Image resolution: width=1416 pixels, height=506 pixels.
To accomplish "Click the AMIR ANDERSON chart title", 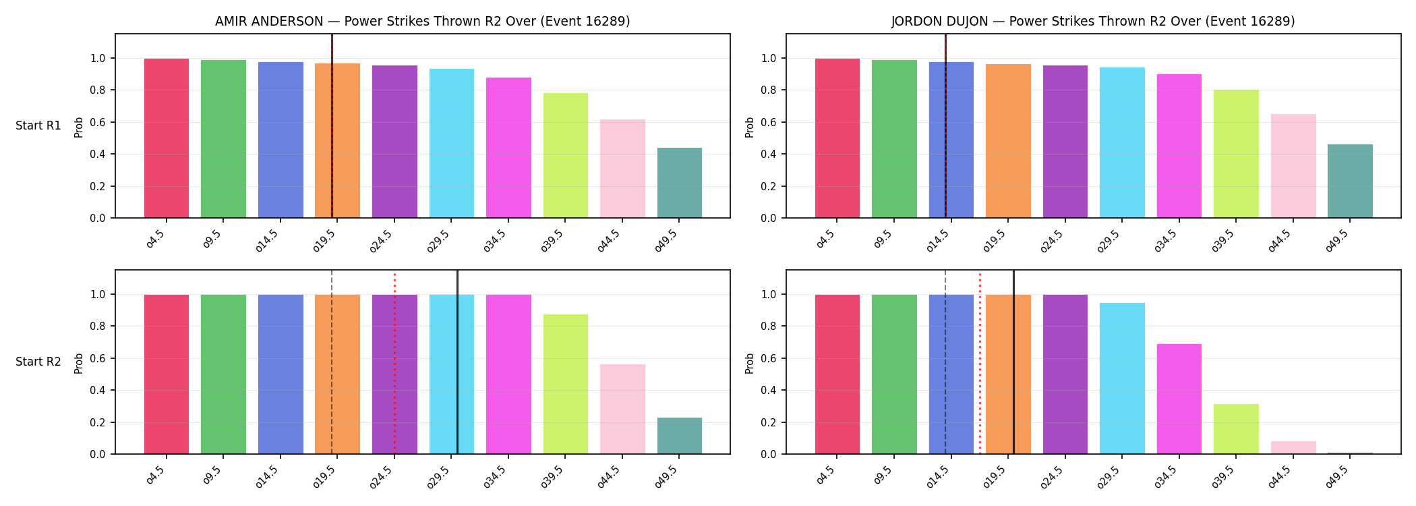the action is point(423,22).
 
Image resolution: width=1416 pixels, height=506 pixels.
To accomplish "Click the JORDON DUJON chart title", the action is point(1093,22).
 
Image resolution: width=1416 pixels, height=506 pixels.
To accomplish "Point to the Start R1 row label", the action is point(38,125).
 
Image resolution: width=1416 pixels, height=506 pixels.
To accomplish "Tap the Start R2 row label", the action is point(38,362).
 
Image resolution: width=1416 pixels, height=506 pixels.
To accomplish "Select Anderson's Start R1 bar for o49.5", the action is point(680,183).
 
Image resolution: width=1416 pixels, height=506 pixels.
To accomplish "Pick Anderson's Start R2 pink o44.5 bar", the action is point(622,410).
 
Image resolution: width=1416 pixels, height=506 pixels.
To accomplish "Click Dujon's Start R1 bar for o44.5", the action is point(1293,166).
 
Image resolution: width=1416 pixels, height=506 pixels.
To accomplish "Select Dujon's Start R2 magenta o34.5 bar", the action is point(1179,399).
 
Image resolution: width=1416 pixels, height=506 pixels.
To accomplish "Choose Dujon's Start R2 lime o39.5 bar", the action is point(1236,429).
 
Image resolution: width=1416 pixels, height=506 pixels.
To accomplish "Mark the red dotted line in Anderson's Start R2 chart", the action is point(394,364).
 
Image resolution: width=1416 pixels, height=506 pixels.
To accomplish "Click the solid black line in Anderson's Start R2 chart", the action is point(457,362).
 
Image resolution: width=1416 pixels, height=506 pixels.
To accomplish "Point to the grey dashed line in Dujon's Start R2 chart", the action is point(945,362).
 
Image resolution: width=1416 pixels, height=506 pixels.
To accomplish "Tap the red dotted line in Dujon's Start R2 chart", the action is point(980,364).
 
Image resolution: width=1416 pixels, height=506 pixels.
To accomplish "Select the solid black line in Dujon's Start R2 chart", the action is point(1013,362).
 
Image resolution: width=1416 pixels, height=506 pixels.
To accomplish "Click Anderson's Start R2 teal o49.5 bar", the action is point(680,436).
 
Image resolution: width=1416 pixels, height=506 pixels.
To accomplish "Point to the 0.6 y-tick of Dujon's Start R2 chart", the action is point(769,358).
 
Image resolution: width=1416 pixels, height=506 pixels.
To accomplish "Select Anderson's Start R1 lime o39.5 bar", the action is point(566,156).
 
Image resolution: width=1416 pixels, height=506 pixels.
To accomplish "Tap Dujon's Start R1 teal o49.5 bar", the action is point(1350,181).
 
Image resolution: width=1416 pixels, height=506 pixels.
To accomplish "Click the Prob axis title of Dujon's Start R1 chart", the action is point(750,127).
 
